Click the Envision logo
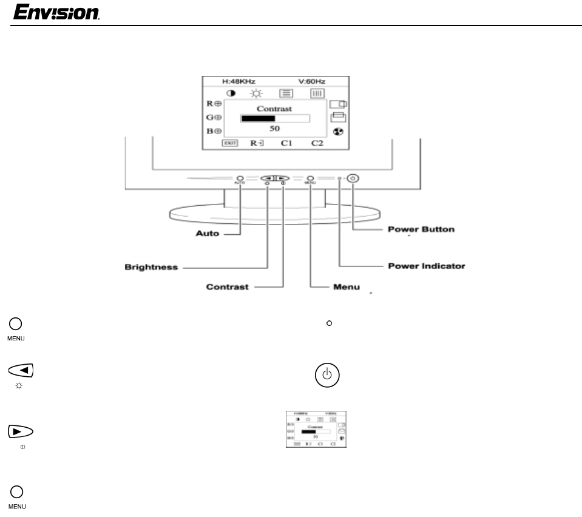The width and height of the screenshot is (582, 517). tap(56, 12)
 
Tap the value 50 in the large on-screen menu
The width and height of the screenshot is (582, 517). tap(275, 129)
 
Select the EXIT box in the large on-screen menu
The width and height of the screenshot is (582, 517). tap(229, 143)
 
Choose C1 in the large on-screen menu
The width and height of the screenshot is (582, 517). tap(286, 143)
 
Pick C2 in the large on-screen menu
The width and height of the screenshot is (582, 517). tap(317, 143)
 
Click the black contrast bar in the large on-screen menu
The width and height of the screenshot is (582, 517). tap(258, 118)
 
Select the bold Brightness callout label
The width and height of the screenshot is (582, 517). tap(151, 267)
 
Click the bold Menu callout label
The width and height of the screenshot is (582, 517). tap(347, 287)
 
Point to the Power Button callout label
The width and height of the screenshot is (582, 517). tap(421, 229)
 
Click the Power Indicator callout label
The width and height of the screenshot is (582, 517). tap(426, 266)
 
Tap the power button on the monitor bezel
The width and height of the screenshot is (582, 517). tap(353, 178)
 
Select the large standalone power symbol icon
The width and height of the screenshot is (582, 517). tap(327, 374)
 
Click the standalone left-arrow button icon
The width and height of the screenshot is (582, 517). tap(21, 371)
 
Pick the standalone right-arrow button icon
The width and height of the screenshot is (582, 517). tap(21, 431)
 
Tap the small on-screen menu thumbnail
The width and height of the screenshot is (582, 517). tap(316, 430)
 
